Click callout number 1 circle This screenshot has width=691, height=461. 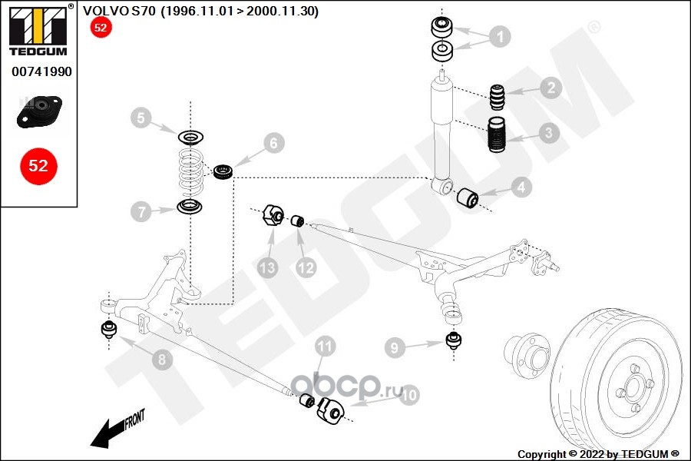(499, 36)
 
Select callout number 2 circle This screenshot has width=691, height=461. (550, 88)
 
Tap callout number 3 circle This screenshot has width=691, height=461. (548, 133)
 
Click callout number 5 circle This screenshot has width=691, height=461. (141, 118)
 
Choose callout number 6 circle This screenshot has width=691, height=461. (274, 142)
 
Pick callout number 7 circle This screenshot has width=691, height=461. (141, 212)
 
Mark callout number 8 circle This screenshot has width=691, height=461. (161, 357)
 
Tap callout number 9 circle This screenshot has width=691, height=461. (395, 348)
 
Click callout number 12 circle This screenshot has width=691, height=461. (306, 267)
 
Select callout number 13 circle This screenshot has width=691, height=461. (266, 268)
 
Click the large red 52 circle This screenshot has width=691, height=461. (38, 165)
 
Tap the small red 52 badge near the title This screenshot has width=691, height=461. (101, 28)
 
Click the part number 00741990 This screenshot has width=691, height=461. (41, 71)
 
